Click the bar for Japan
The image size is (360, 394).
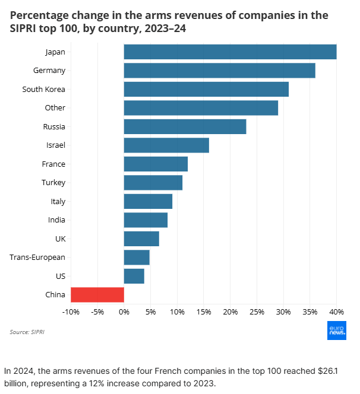pos(230,52)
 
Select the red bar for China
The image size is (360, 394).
pos(97,295)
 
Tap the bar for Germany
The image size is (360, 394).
pos(219,71)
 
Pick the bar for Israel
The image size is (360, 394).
pos(166,145)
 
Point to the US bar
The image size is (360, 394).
pos(134,277)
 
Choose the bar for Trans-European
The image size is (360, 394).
pos(137,258)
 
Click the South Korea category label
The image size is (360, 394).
pos(43,90)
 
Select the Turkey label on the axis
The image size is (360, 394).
pos(53,183)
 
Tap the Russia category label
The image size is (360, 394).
pos(54,127)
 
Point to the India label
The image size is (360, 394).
pos(56,220)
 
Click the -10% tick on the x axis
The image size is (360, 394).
pos(71,312)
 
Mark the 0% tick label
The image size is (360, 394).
pos(124,312)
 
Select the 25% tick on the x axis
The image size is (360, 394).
pos(257,312)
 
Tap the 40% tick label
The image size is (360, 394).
pos(336,312)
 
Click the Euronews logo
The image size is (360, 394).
pos(336,332)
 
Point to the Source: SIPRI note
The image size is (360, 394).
pos(27,332)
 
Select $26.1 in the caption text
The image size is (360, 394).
pos(320,371)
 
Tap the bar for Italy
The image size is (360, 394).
pos(148,202)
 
